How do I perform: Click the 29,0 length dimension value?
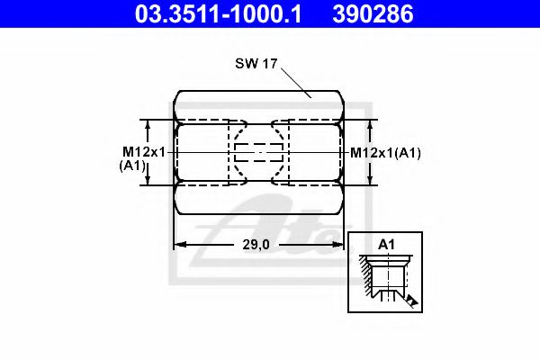click(258, 244)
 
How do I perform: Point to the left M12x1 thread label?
click(144, 152)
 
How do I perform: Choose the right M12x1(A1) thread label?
click(385, 152)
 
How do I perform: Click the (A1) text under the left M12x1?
click(132, 166)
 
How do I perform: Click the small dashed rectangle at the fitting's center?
click(258, 152)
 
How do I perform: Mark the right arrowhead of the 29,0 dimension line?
click(338, 244)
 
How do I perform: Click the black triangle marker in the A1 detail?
click(410, 300)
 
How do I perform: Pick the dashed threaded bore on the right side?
click(313, 152)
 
